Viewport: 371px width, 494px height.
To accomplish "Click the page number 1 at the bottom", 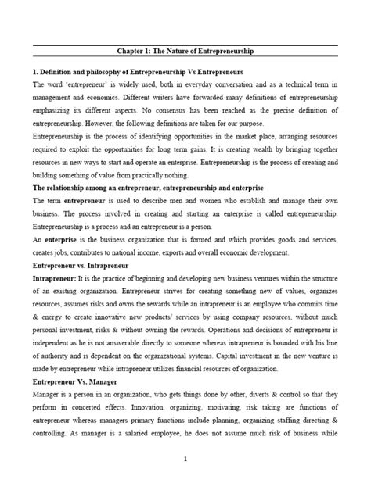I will pos(185,459).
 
